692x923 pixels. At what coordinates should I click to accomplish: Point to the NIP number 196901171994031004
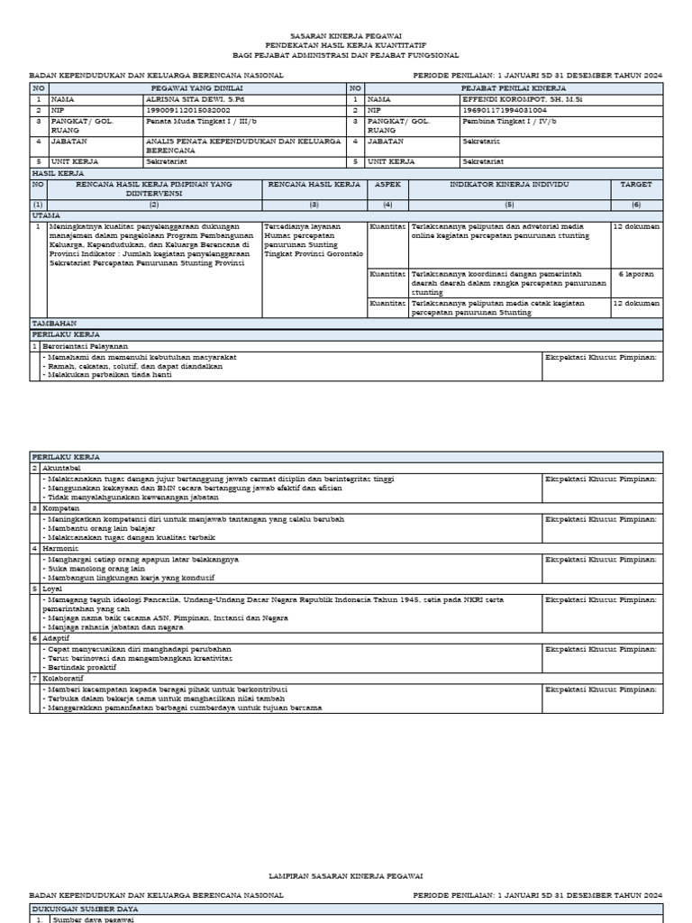tap(504, 110)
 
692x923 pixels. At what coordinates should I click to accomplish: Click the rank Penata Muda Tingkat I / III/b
tap(188, 121)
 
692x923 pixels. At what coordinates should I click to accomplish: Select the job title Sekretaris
tap(480, 142)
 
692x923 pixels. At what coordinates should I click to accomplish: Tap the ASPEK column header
tap(387, 184)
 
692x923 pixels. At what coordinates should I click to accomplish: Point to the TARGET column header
tap(636, 184)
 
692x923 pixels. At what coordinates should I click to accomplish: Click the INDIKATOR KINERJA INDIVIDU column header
tap(509, 184)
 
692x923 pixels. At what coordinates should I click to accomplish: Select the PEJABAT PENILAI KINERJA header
tap(513, 88)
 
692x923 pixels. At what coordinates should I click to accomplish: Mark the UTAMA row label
tap(46, 215)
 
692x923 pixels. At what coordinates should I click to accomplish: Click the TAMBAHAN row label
tap(54, 322)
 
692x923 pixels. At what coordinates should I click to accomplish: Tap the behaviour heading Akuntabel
tap(61, 469)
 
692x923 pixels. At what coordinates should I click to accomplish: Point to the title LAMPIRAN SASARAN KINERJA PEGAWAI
tap(346, 875)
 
